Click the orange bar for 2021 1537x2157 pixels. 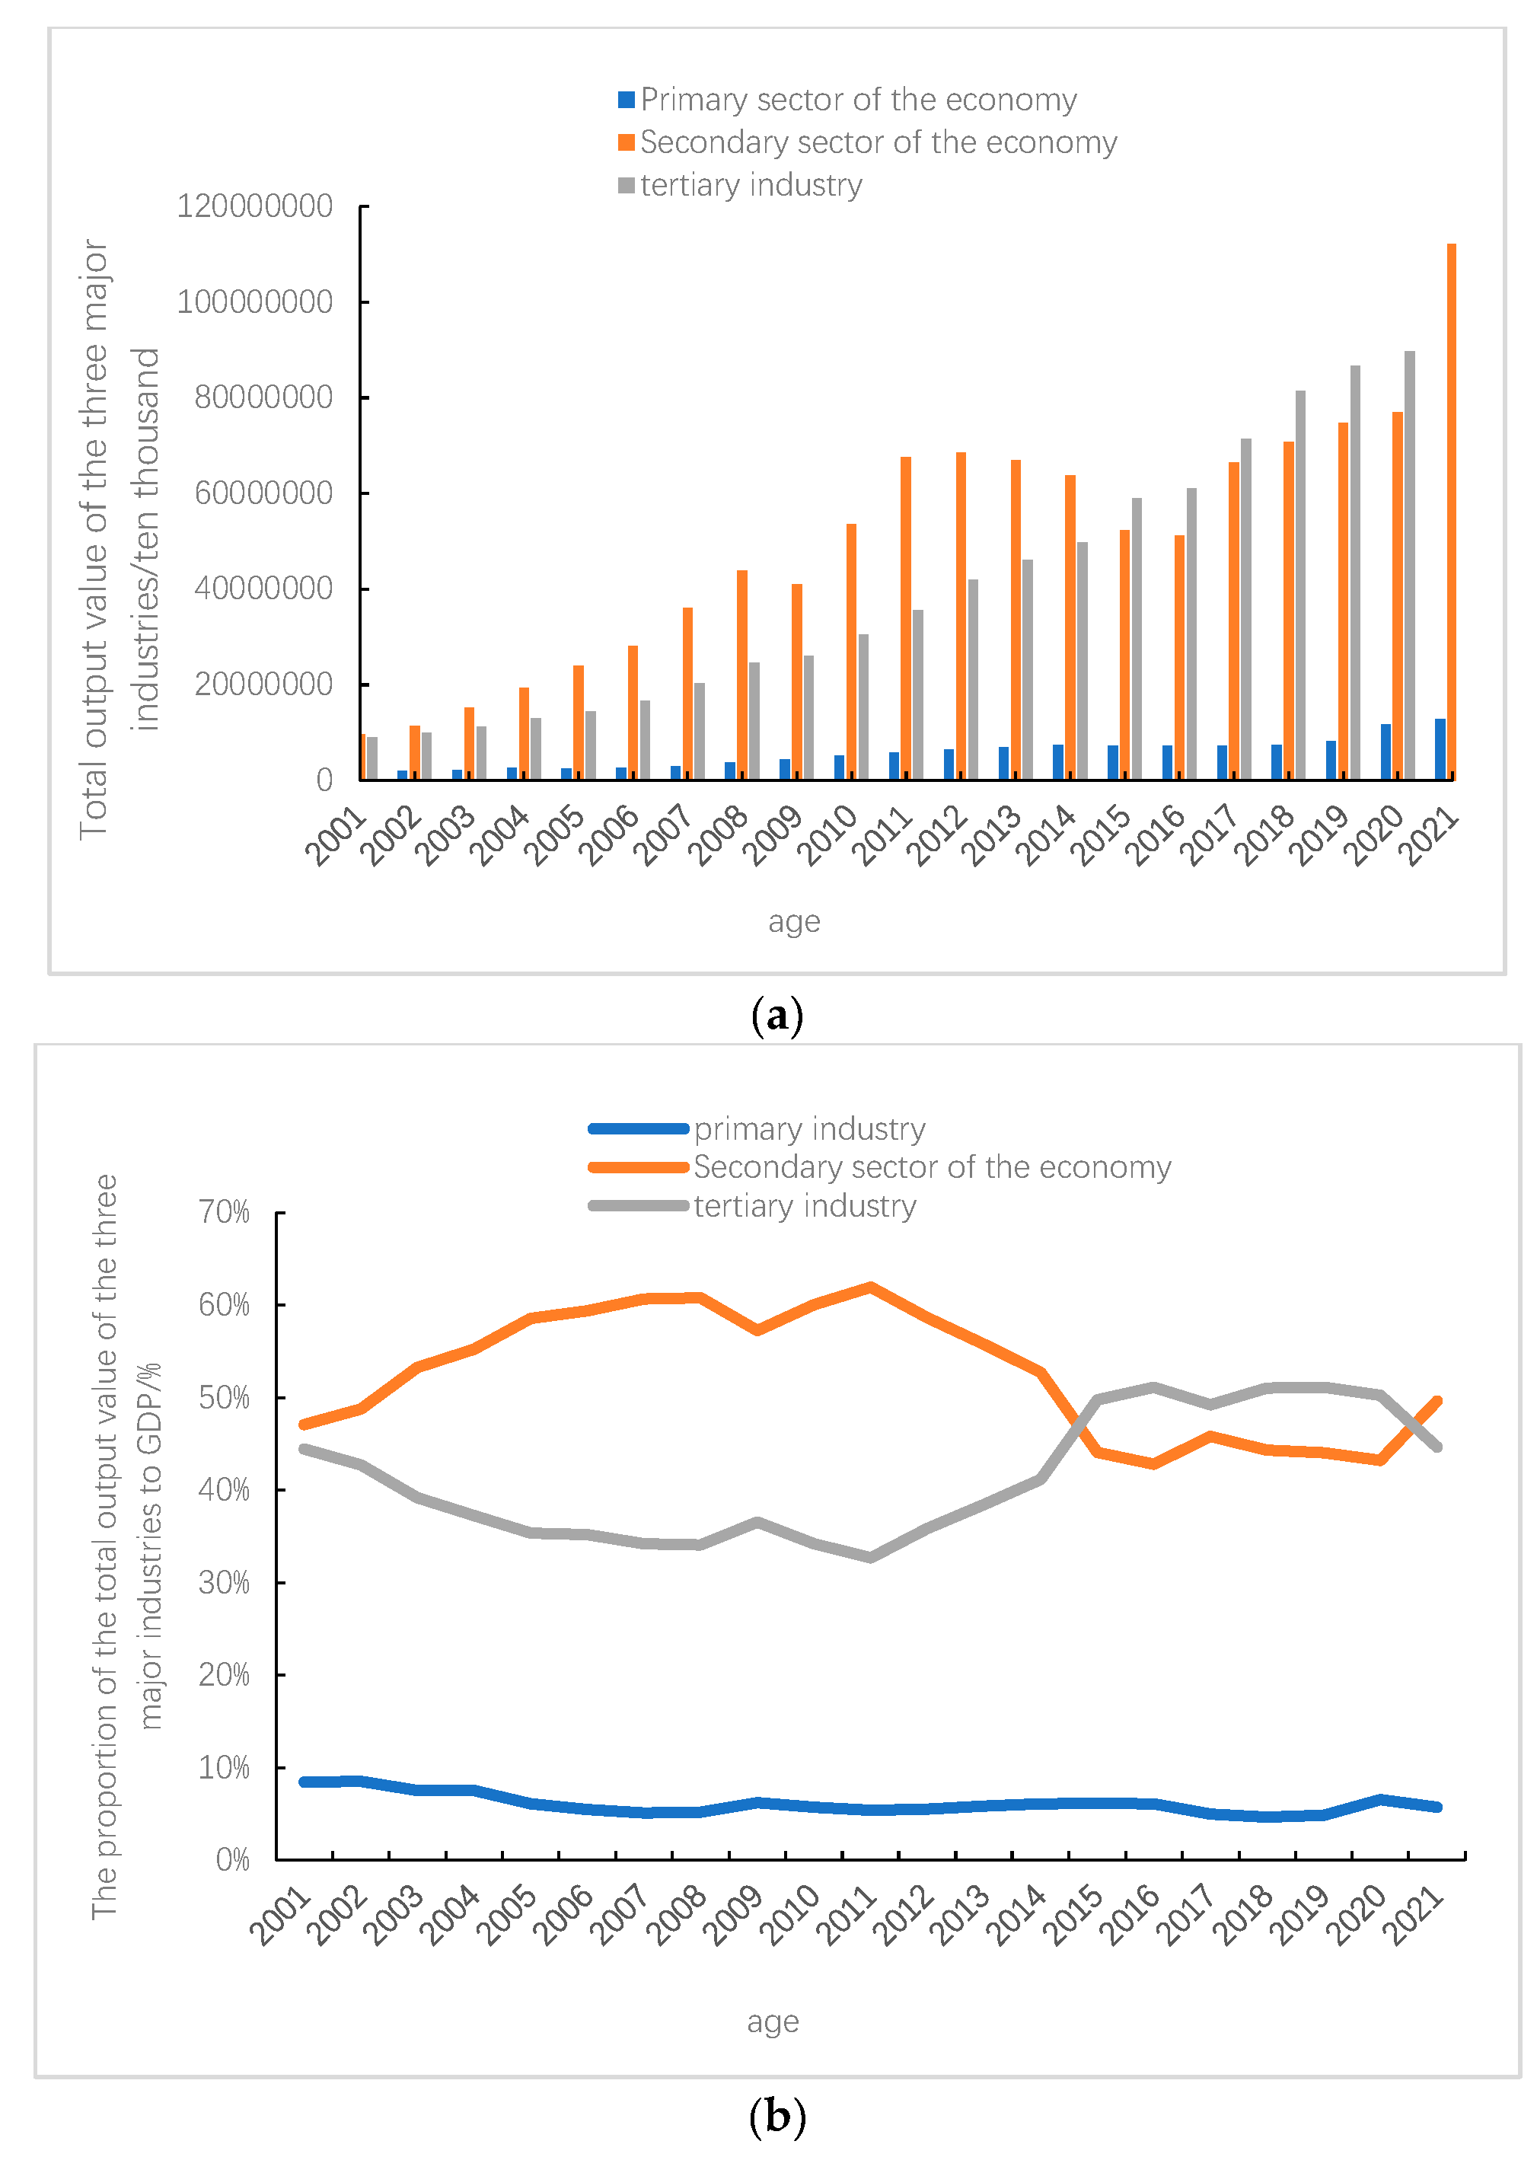tap(1451, 511)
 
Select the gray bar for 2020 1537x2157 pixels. tap(1409, 565)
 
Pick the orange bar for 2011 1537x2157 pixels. tap(906, 618)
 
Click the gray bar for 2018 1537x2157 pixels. tap(1300, 585)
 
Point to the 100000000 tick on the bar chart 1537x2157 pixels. tap(254, 302)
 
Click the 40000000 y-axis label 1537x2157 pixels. tap(263, 589)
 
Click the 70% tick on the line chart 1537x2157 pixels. tap(225, 1211)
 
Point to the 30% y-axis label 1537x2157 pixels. tap(225, 1582)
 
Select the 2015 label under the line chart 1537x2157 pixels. tap(1074, 1914)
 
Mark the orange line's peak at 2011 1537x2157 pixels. tap(871, 1287)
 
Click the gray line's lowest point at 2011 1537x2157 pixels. tap(871, 1557)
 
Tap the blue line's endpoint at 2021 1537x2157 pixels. tap(1437, 1807)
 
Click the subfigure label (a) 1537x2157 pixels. tap(776, 1016)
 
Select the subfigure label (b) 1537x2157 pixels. tap(776, 2115)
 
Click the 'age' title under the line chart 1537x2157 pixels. tap(772, 2021)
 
